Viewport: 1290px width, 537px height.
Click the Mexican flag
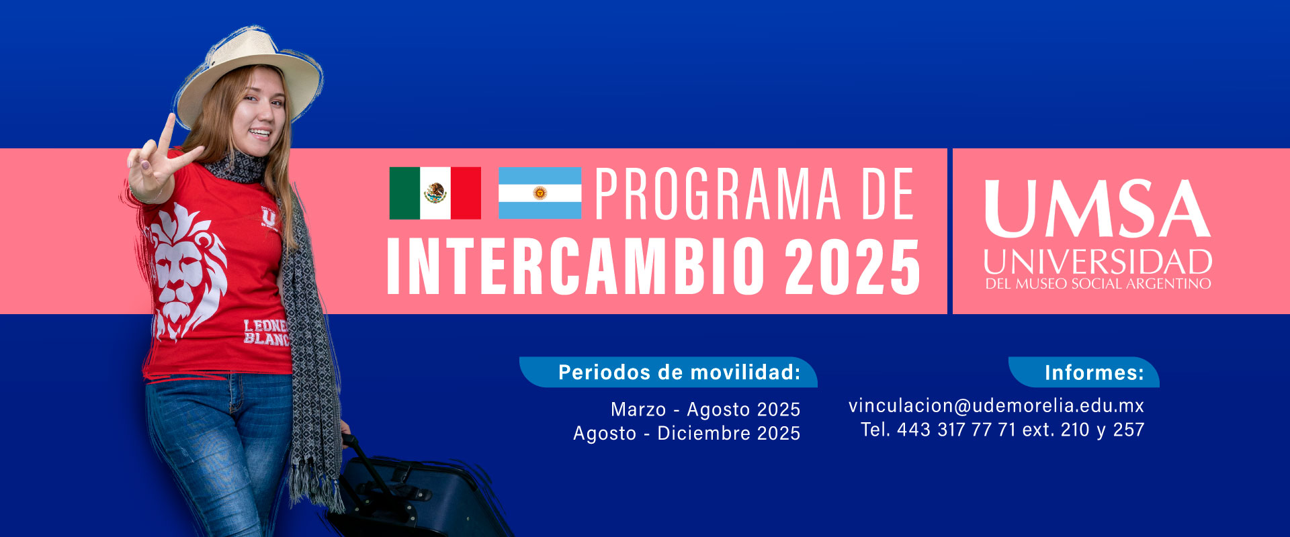435,193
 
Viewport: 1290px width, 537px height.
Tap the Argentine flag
540,193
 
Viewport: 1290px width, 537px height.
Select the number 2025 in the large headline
853,266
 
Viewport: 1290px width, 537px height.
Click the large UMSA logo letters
1098,209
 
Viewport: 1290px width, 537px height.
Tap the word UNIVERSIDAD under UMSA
1098,262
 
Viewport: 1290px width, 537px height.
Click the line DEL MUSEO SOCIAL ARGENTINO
1098,284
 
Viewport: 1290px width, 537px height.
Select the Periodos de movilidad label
679,373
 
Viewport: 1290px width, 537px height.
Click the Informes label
1094,373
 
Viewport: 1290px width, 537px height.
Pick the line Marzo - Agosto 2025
705,409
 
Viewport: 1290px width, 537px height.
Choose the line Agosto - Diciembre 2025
687,434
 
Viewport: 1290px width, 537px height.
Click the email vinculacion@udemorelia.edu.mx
996,405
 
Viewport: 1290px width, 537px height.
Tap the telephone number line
1002,430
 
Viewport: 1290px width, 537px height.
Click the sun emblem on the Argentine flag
540,193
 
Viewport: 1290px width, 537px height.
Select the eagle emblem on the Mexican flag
435,193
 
